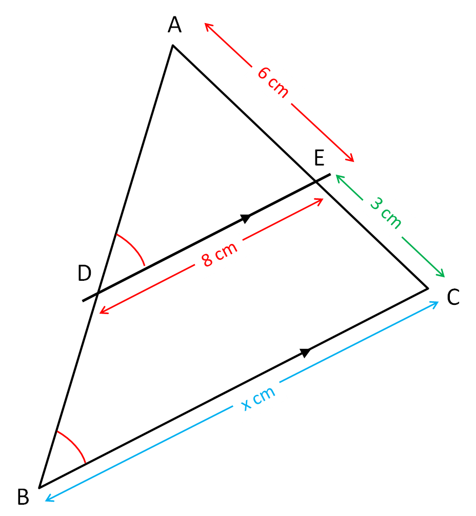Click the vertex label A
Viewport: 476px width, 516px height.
175,25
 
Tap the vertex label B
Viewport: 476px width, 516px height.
24,497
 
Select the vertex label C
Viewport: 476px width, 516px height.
453,298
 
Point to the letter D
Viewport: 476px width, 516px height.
85,274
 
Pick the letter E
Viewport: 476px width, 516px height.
319,159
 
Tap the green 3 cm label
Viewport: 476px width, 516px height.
386,213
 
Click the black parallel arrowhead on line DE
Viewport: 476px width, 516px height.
246,218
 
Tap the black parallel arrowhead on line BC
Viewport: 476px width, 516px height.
305,353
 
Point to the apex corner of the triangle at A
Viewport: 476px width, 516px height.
173,46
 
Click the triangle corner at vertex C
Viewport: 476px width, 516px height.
427,289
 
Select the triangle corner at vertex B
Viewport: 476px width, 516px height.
39,487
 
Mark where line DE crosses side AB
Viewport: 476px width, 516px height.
96,294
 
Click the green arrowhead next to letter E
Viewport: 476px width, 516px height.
339,177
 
